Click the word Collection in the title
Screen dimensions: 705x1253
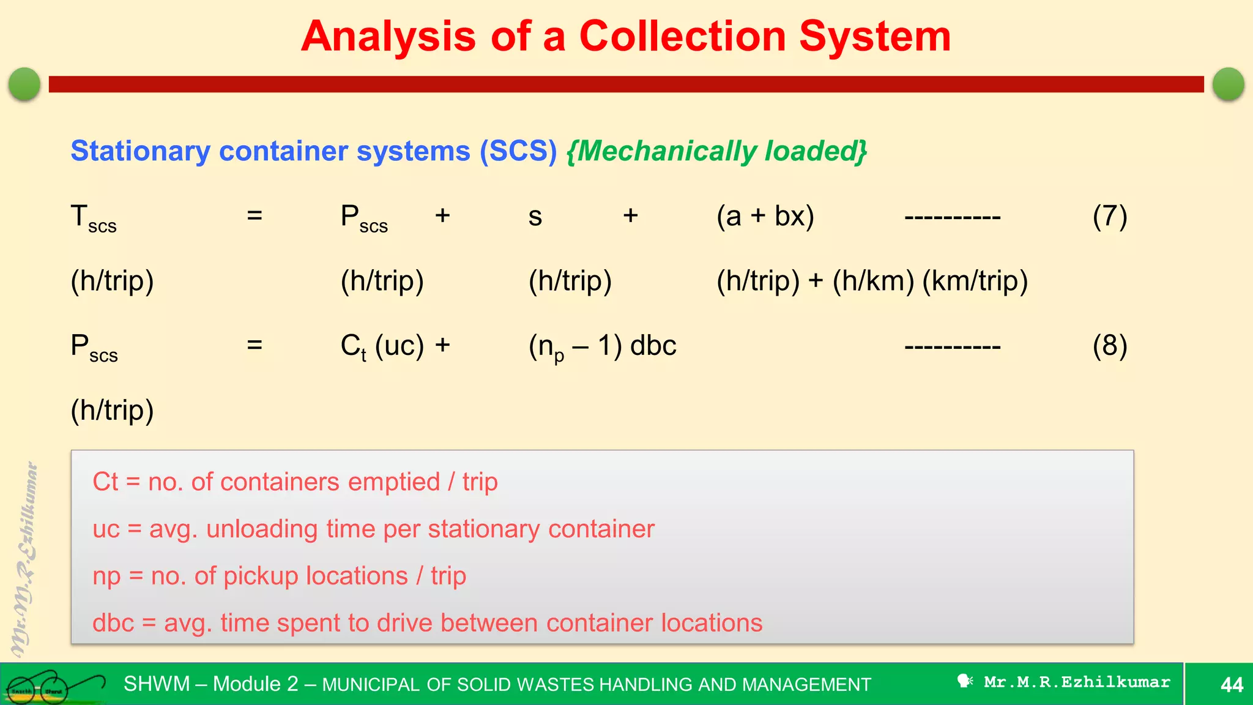[x=682, y=37]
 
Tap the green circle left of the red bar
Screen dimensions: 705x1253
[x=24, y=84]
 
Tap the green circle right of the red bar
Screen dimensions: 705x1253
[x=1228, y=84]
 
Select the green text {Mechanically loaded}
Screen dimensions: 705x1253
[x=716, y=151]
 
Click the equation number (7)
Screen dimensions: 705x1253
[x=1109, y=216]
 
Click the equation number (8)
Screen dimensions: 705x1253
[x=1109, y=346]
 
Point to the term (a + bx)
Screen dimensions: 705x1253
[x=765, y=216]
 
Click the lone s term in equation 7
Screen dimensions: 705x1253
[x=535, y=217]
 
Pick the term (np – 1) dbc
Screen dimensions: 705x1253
[x=602, y=347]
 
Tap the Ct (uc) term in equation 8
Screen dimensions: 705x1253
[x=382, y=346]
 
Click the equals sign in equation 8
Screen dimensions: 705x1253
[x=255, y=345]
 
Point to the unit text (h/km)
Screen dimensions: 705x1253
[x=873, y=281]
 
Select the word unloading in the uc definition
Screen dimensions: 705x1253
[x=262, y=529]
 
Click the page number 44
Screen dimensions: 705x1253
[x=1232, y=684]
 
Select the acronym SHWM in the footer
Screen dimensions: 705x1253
[x=157, y=684]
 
